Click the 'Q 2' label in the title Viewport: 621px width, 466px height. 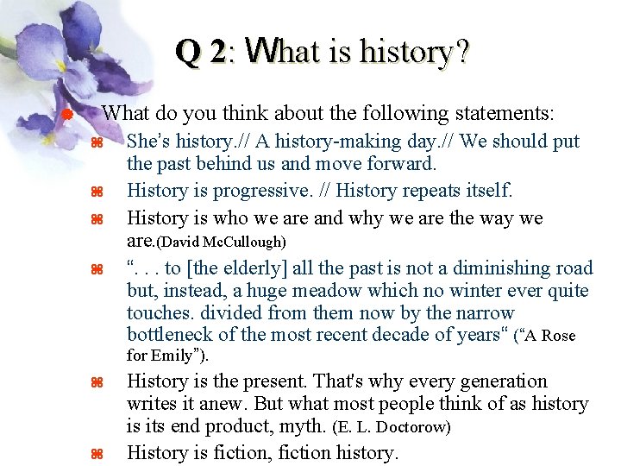click(x=200, y=53)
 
